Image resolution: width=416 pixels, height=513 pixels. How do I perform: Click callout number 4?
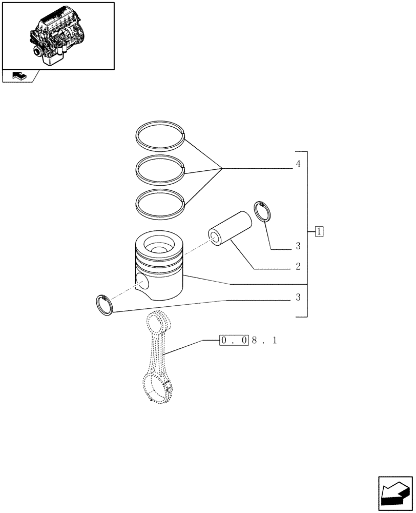click(x=298, y=164)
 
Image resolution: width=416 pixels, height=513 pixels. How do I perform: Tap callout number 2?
click(x=298, y=267)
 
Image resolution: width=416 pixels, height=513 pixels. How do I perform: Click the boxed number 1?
click(x=319, y=231)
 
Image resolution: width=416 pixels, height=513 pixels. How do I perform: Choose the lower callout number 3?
click(x=298, y=298)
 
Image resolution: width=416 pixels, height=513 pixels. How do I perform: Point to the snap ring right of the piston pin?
click(x=263, y=212)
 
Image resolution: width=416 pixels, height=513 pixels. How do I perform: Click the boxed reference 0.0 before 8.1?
click(x=234, y=340)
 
